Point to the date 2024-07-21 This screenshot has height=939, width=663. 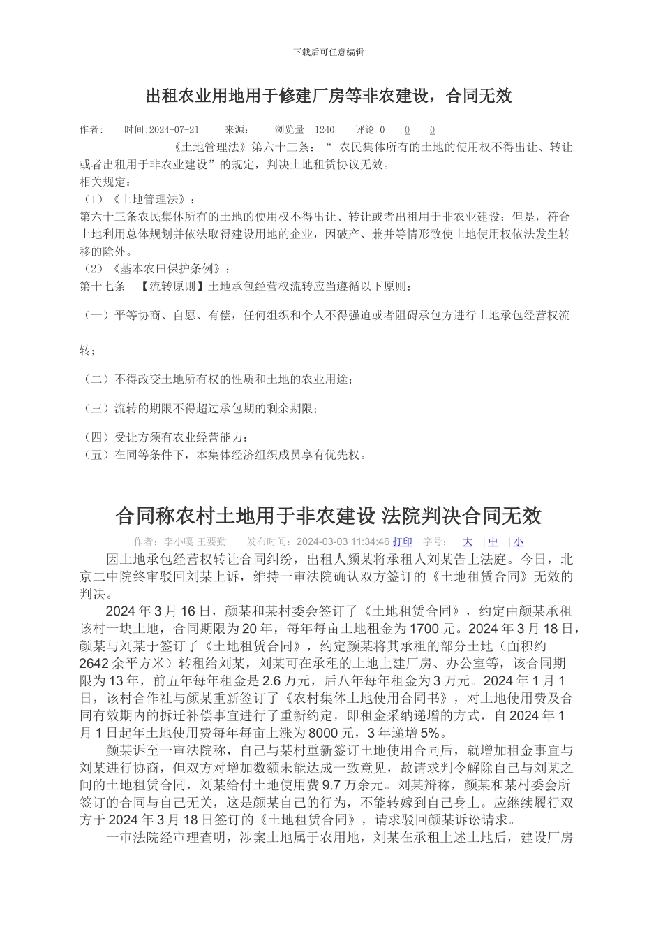(x=174, y=130)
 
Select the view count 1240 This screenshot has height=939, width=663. (x=325, y=130)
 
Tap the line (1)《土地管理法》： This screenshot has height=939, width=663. (x=139, y=200)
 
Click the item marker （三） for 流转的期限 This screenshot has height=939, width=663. (x=97, y=408)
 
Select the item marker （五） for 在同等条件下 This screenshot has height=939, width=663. (x=97, y=455)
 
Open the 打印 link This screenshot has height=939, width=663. (x=403, y=541)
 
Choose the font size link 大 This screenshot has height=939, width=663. (x=468, y=541)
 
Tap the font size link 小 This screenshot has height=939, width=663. (x=519, y=541)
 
